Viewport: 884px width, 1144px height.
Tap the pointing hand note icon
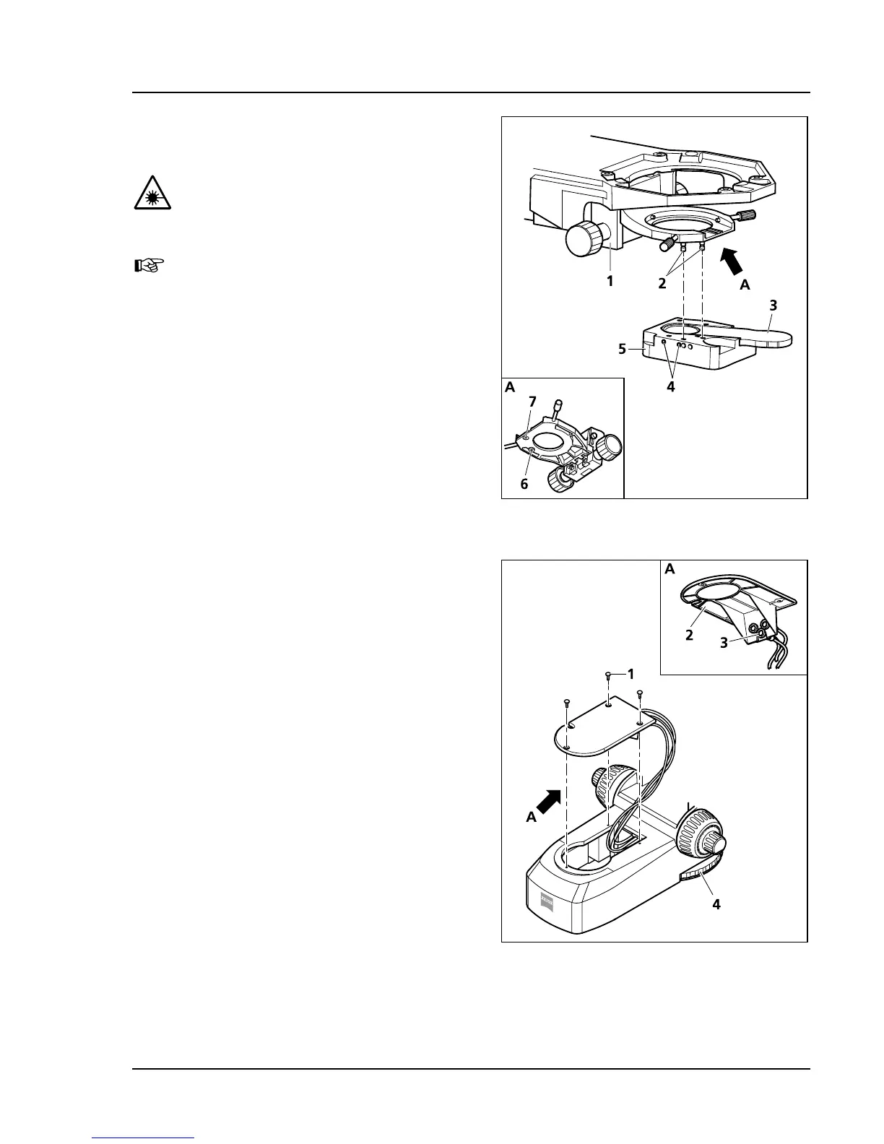click(x=150, y=266)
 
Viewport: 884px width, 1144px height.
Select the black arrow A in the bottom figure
click(x=548, y=799)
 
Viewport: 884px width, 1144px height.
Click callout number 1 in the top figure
click(x=610, y=281)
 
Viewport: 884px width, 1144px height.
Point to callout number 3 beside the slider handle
click(x=773, y=305)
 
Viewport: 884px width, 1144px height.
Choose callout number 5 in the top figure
click(x=622, y=349)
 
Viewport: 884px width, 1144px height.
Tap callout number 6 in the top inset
click(x=524, y=484)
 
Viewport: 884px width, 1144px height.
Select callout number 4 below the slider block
click(x=671, y=386)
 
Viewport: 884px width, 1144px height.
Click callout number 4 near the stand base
click(x=716, y=903)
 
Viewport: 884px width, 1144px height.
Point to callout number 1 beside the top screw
click(x=630, y=674)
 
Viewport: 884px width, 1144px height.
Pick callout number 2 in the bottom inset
click(x=689, y=635)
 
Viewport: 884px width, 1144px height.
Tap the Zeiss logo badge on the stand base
click(x=547, y=900)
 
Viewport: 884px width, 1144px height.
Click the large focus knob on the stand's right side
click(x=701, y=836)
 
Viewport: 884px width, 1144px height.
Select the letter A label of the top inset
click(x=510, y=386)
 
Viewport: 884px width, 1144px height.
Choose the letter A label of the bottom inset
click(x=669, y=569)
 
